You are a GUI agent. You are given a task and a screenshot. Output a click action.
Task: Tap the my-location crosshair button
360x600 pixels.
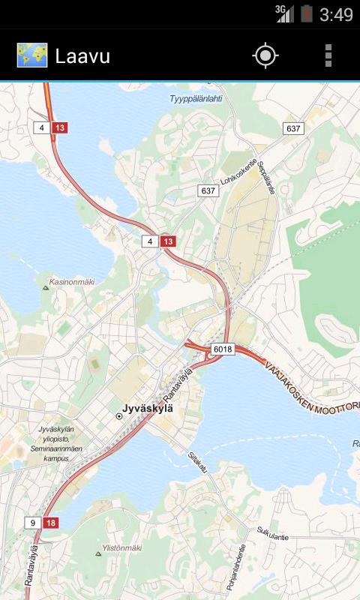[265, 55]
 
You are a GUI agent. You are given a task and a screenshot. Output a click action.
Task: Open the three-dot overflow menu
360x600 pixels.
[328, 55]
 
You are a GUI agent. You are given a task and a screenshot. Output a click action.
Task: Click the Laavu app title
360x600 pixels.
[82, 56]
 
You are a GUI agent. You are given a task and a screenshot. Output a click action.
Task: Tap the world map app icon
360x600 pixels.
[32, 55]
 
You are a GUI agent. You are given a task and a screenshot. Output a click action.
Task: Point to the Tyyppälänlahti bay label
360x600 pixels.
[196, 98]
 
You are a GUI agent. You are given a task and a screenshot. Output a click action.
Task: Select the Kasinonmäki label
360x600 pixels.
[72, 283]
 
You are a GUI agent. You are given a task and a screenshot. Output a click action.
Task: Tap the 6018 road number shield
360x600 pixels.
[223, 349]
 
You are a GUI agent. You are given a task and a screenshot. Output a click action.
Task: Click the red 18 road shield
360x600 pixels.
[51, 523]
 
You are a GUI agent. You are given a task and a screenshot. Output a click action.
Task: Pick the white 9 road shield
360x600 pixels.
[33, 523]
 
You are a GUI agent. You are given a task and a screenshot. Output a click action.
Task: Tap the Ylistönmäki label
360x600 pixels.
[123, 548]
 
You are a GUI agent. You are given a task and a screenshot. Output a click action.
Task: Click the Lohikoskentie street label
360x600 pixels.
[239, 172]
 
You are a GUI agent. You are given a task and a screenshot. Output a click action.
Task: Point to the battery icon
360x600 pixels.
[306, 13]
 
